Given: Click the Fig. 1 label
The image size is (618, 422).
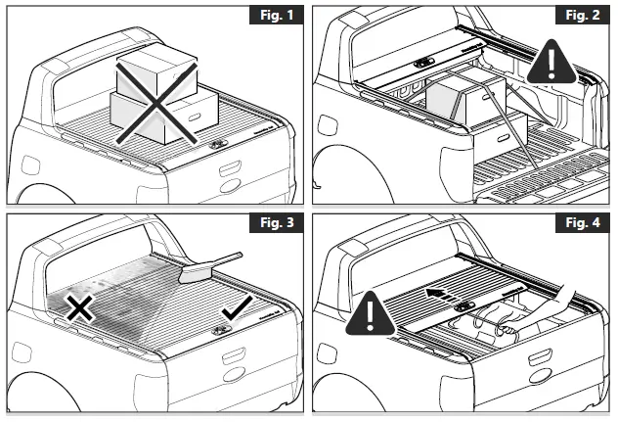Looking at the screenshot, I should click(x=274, y=19).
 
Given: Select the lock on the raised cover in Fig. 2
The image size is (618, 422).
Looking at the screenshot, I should click(x=423, y=61).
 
